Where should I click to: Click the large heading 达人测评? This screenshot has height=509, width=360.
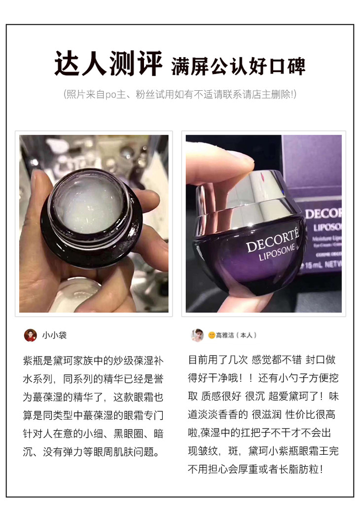coord(108,64)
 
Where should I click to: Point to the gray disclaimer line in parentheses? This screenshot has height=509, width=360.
coord(180,95)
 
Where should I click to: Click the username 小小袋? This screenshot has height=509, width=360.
coord(54,335)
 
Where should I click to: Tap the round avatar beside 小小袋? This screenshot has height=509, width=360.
coord(31,335)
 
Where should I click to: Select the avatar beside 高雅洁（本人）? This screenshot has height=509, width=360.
coord(197,335)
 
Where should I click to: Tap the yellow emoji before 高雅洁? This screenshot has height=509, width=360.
coord(212,335)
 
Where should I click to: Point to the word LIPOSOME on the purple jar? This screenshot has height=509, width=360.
coord(277,253)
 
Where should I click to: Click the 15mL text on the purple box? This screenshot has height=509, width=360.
coord(313,265)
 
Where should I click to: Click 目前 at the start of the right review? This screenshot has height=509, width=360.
coord(198,360)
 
